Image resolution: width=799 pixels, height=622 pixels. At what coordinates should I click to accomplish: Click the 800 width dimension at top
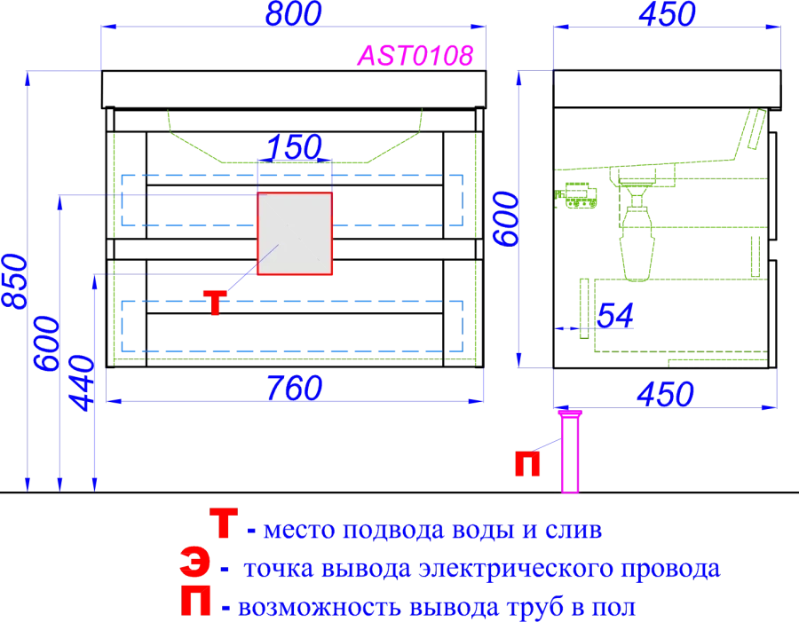click(294, 14)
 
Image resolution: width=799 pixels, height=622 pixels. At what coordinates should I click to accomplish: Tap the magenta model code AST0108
click(415, 56)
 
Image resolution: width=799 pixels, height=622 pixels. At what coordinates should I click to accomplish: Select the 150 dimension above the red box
click(294, 147)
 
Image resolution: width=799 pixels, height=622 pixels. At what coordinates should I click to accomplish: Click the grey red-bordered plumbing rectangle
click(295, 234)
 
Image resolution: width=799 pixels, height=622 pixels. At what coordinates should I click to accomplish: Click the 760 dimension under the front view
click(294, 389)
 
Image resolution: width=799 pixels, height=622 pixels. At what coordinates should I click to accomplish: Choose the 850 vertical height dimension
click(14, 280)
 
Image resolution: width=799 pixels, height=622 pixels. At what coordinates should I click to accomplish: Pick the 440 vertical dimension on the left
click(82, 383)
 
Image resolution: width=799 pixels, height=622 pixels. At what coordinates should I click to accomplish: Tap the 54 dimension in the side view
click(615, 316)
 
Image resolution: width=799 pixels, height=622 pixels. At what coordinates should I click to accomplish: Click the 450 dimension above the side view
click(667, 14)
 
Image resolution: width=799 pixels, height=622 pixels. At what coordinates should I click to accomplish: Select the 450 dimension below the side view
click(666, 394)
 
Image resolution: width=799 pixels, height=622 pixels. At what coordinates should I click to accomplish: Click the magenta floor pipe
click(570, 452)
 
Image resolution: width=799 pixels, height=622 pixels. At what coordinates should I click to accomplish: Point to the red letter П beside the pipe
click(526, 463)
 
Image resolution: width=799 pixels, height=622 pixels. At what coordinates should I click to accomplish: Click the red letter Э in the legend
click(194, 563)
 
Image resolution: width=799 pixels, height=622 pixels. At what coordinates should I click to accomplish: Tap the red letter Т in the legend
click(223, 524)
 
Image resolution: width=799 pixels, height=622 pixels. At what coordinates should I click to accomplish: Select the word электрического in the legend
click(516, 569)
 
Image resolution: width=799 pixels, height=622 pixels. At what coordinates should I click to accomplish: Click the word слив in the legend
click(574, 530)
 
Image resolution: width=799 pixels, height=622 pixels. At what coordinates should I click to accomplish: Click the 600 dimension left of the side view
click(507, 219)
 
